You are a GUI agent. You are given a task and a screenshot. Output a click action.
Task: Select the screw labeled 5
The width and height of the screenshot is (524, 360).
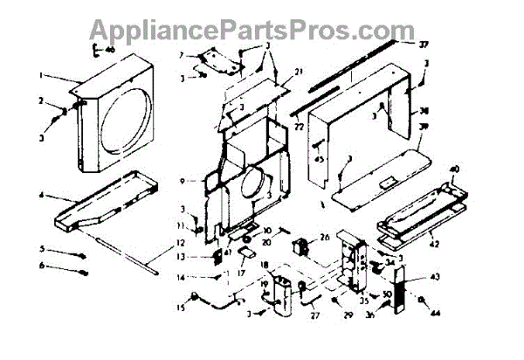click(81, 255)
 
